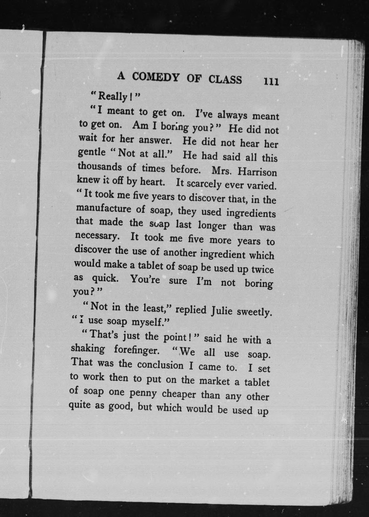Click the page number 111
pos(271,81)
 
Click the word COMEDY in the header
pos(156,78)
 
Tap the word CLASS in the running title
pos(225,79)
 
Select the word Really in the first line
pos(112,96)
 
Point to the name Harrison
pos(257,172)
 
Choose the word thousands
pos(100,167)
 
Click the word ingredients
pos(251,213)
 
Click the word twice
pos(263,270)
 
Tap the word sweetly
pos(254,312)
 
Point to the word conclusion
pos(160,365)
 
